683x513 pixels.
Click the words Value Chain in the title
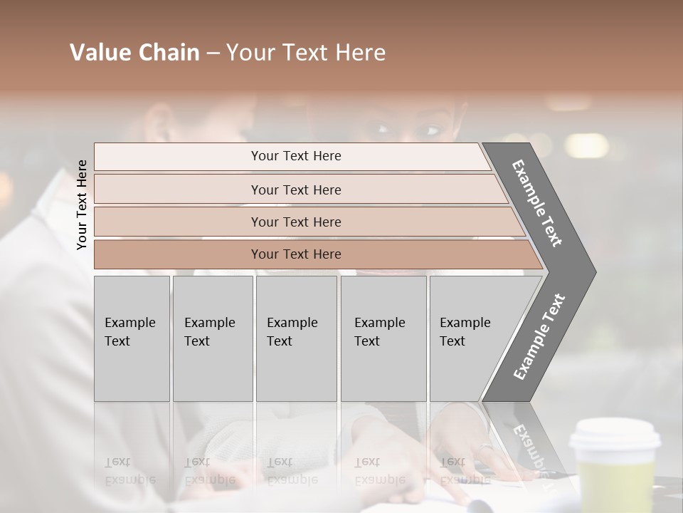pyautogui.click(x=134, y=53)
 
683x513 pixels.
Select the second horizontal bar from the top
pyautogui.click(x=296, y=190)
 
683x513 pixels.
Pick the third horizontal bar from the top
pyautogui.click(x=296, y=222)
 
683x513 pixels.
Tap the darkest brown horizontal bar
pyautogui.click(x=296, y=254)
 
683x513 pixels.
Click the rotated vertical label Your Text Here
pyautogui.click(x=83, y=204)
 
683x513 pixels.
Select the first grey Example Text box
pyautogui.click(x=132, y=338)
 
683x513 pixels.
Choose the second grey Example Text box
pyautogui.click(x=212, y=338)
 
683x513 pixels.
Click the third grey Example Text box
pyautogui.click(x=296, y=338)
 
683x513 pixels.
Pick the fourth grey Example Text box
pyautogui.click(x=383, y=338)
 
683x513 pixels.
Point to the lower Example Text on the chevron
pyautogui.click(x=539, y=336)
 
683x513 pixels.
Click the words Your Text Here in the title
pyautogui.click(x=306, y=53)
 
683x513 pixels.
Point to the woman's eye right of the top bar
pyautogui.click(x=431, y=130)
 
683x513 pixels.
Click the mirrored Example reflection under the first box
pyautogui.click(x=129, y=479)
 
